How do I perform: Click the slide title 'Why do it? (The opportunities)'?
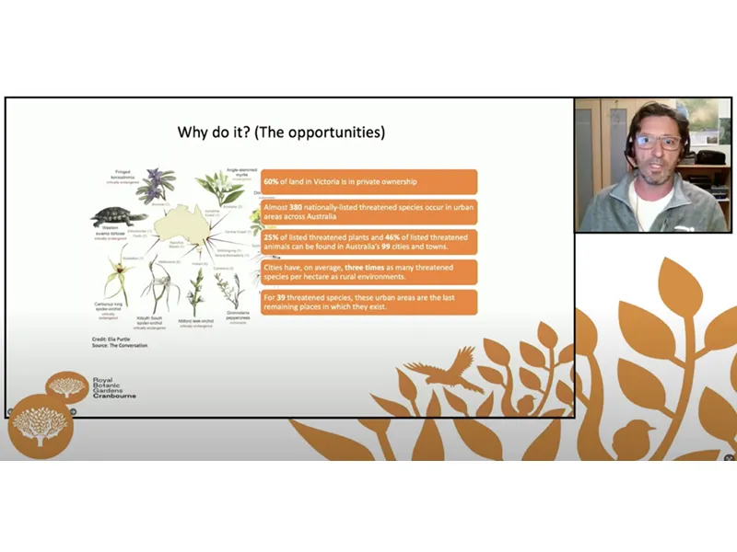coord(281,132)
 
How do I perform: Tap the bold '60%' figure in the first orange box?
coord(272,181)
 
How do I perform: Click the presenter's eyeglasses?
coord(658,143)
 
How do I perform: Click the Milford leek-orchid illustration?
coord(195,290)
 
